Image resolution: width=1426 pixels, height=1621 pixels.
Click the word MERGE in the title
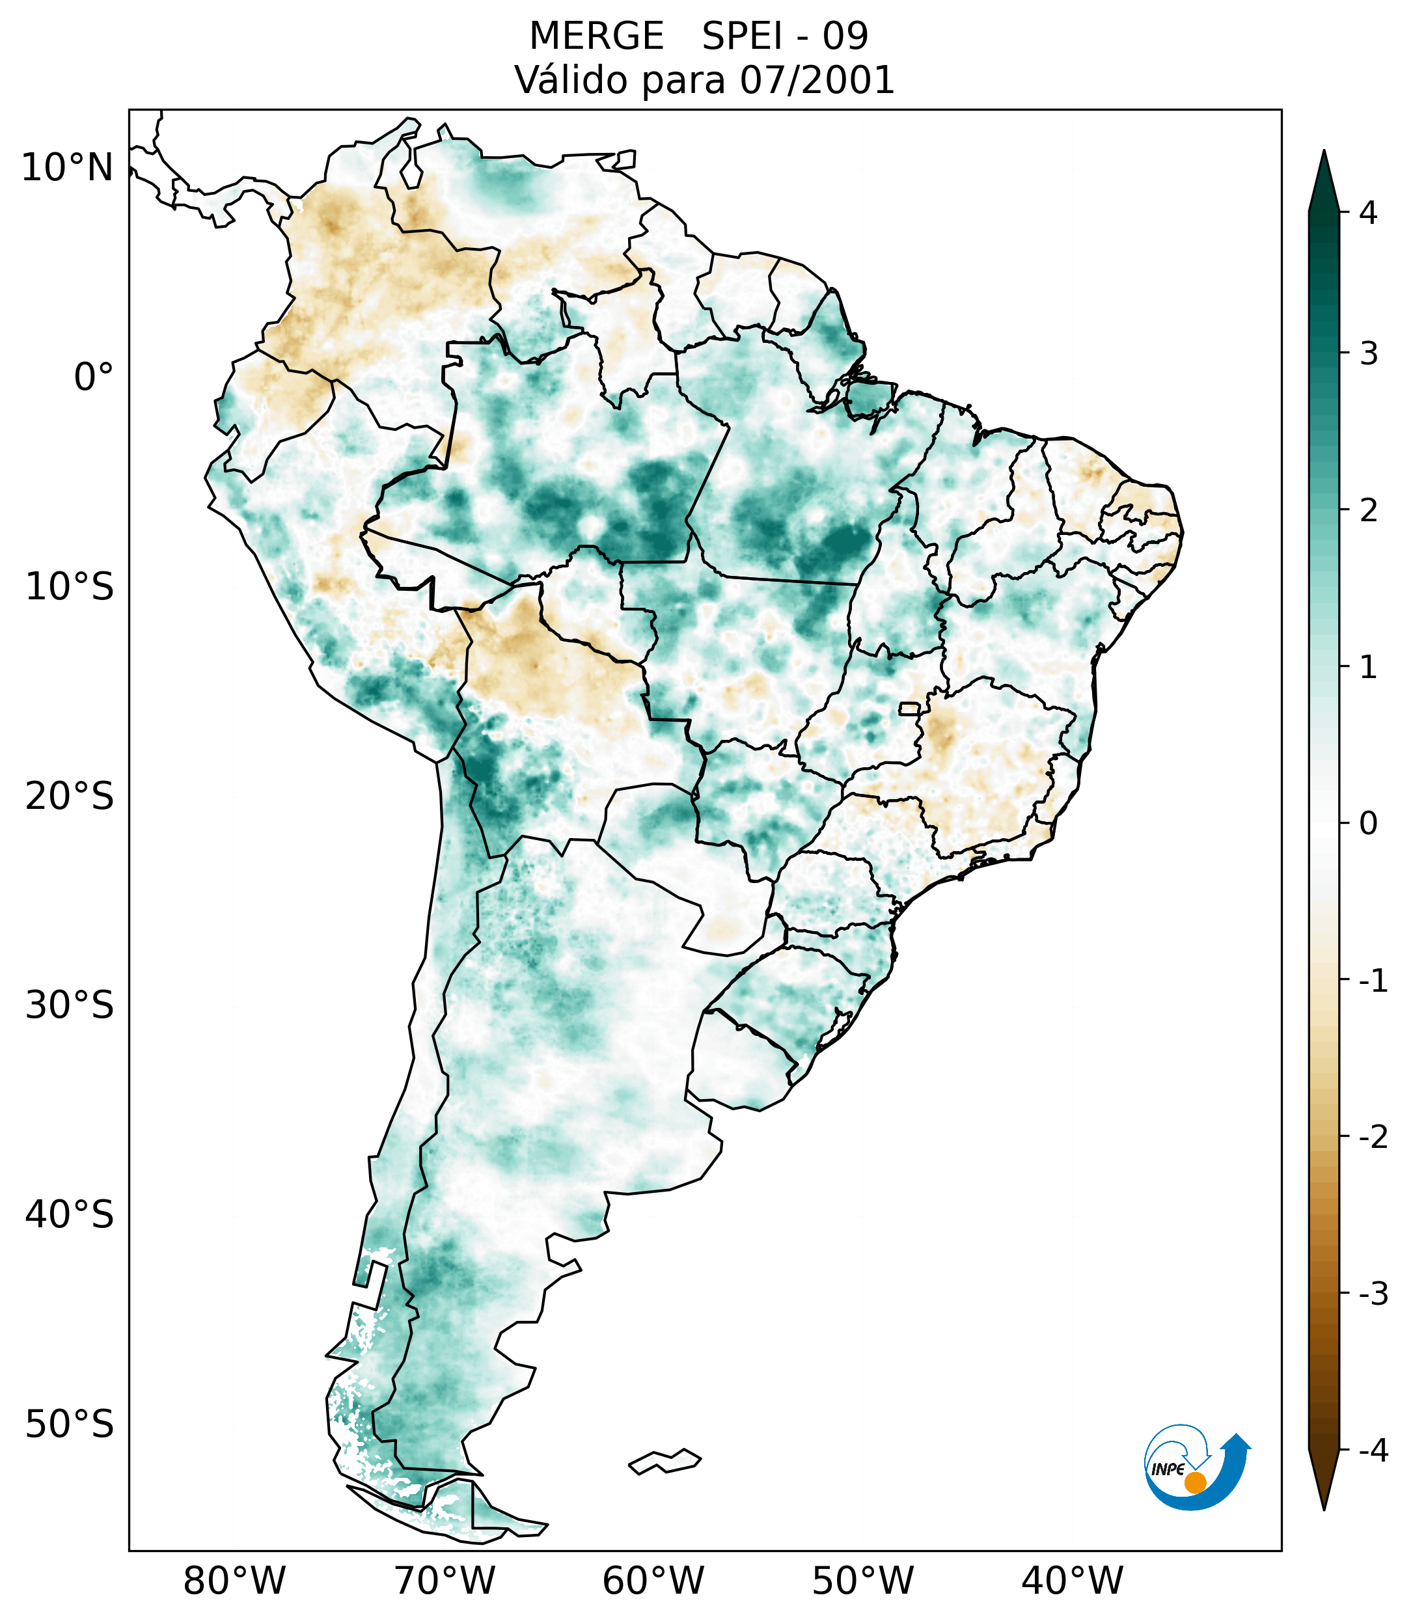(x=596, y=36)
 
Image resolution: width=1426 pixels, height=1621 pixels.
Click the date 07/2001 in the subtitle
(x=817, y=80)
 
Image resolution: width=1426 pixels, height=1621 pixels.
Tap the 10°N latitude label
(x=68, y=168)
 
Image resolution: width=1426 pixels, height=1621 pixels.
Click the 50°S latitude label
(x=70, y=1424)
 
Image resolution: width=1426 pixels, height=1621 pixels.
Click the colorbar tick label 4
(x=1368, y=213)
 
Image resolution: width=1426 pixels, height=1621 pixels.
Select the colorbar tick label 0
(x=1368, y=823)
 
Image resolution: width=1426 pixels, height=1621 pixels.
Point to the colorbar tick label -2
(x=1373, y=1137)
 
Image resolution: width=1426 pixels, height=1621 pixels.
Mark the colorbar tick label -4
(x=1373, y=1451)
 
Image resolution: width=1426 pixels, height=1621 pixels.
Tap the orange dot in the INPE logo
(x=1195, y=1482)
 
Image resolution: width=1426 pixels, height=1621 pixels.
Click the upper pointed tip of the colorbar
(x=1323, y=152)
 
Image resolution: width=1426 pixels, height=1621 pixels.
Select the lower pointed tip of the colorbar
(x=1323, y=1508)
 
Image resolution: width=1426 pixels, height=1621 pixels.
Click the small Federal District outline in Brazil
(x=910, y=707)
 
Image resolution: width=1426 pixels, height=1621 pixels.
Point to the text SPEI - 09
(x=785, y=36)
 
